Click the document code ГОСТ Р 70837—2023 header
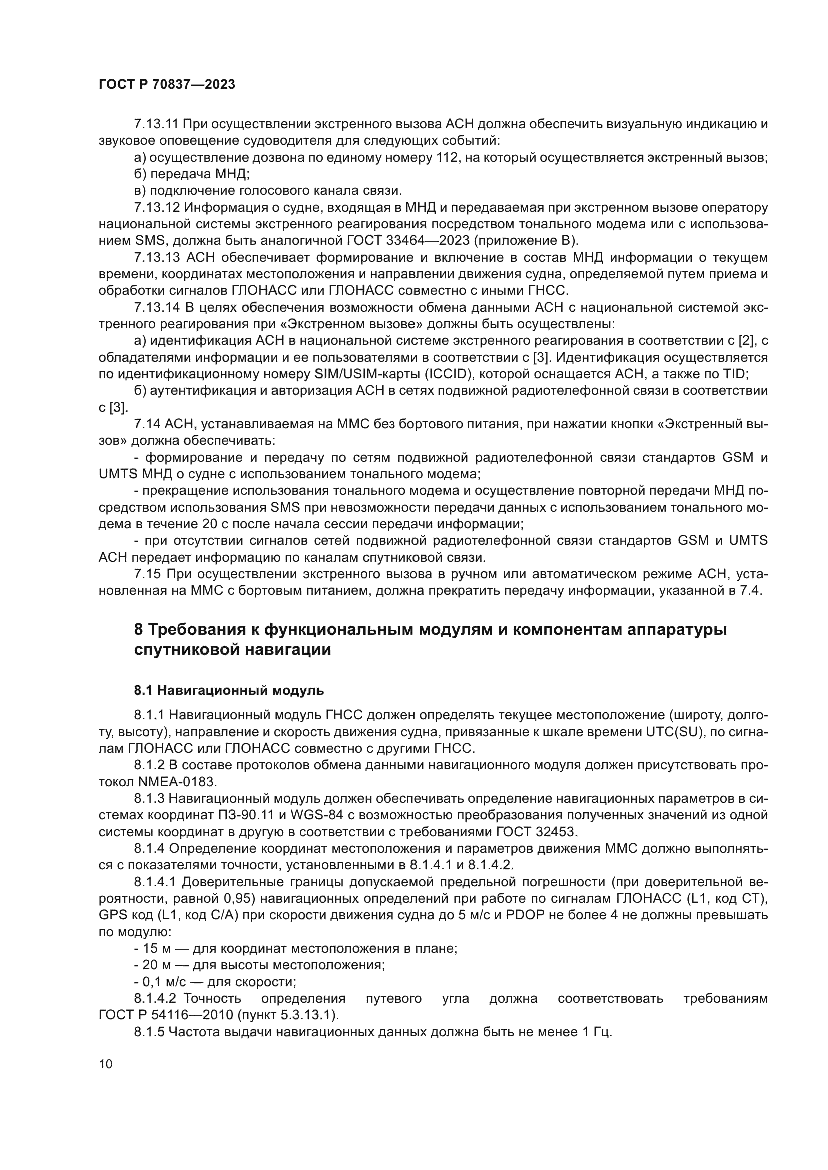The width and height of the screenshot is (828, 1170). [167, 85]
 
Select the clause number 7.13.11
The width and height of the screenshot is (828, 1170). [156, 124]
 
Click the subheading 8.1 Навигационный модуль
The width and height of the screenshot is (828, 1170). [229, 690]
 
